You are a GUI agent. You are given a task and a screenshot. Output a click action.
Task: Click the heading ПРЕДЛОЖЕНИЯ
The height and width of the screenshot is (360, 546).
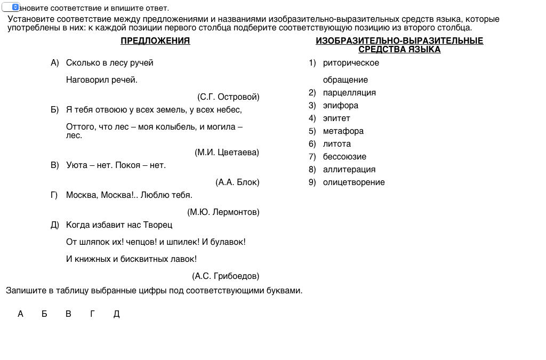pyautogui.click(x=155, y=41)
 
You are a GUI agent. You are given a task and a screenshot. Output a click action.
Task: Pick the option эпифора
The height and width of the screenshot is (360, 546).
pyautogui.click(x=341, y=106)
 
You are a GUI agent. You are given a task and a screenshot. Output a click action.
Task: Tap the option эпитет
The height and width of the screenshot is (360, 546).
pyautogui.click(x=336, y=118)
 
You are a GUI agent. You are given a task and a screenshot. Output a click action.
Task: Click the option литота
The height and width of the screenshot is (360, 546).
pyautogui.click(x=337, y=144)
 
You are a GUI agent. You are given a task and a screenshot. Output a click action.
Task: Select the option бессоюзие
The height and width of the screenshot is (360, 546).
pyautogui.click(x=344, y=157)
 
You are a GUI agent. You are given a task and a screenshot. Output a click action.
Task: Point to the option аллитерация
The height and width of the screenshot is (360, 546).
pyautogui.click(x=349, y=170)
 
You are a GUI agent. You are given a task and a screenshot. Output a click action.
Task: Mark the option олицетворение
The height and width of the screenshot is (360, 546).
pyautogui.click(x=354, y=182)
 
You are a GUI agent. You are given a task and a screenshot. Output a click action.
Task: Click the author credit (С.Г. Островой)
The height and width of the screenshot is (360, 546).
pyautogui.click(x=228, y=97)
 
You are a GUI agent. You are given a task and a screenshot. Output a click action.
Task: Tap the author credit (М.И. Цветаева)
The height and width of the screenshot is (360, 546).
pyautogui.click(x=227, y=153)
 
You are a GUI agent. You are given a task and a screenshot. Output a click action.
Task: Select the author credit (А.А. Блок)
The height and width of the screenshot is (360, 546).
pyautogui.click(x=237, y=182)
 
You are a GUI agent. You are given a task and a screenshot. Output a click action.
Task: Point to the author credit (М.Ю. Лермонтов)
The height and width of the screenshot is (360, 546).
pyautogui.click(x=223, y=212)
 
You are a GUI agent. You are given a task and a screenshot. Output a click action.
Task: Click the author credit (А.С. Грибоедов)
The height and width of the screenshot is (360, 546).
pyautogui.click(x=226, y=276)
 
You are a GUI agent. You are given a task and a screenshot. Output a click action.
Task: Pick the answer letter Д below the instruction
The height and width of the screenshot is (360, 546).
pyautogui.click(x=117, y=314)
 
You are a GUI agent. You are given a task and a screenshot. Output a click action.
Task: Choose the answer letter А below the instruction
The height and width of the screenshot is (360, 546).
pyautogui.click(x=20, y=314)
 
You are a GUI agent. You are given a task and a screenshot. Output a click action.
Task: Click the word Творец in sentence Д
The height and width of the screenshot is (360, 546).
pyautogui.click(x=157, y=225)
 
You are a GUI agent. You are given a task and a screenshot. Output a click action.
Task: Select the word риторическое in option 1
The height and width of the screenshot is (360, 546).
pyautogui.click(x=351, y=63)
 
